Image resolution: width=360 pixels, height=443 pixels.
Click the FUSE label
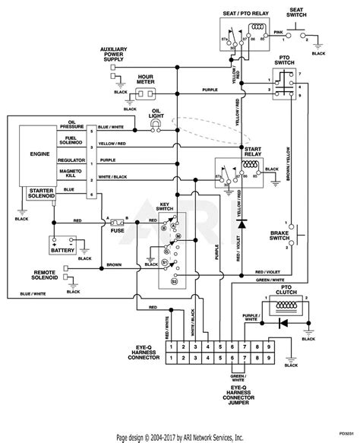click(x=117, y=232)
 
